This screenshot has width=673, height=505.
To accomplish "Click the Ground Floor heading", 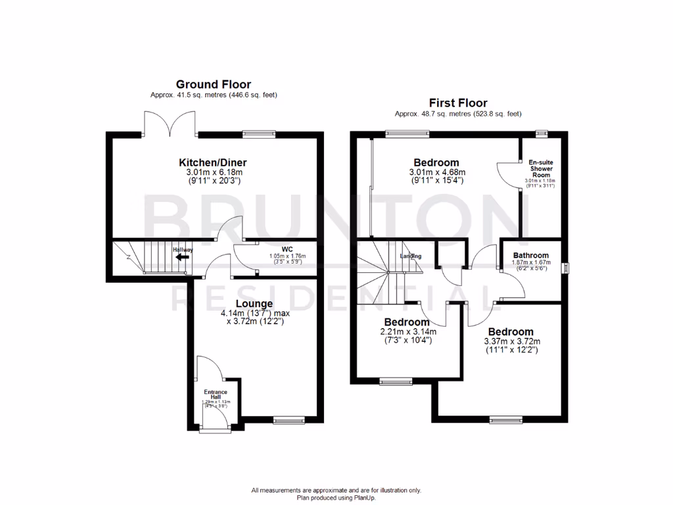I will point(214,84).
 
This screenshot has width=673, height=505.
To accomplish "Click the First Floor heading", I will point(458,103).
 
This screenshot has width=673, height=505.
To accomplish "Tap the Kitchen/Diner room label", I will point(213,162).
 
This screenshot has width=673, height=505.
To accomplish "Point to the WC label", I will point(287,249).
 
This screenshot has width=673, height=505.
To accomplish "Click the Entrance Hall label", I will point(215,395).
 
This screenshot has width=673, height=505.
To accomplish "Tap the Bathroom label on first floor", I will point(530,255).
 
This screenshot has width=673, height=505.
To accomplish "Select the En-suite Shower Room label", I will point(540,168).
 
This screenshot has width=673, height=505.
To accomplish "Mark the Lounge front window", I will point(289,419).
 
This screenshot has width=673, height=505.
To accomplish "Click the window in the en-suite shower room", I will point(542,133).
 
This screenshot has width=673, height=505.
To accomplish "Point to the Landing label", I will point(410,256).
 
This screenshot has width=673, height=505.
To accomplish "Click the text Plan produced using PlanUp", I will point(336,498).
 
